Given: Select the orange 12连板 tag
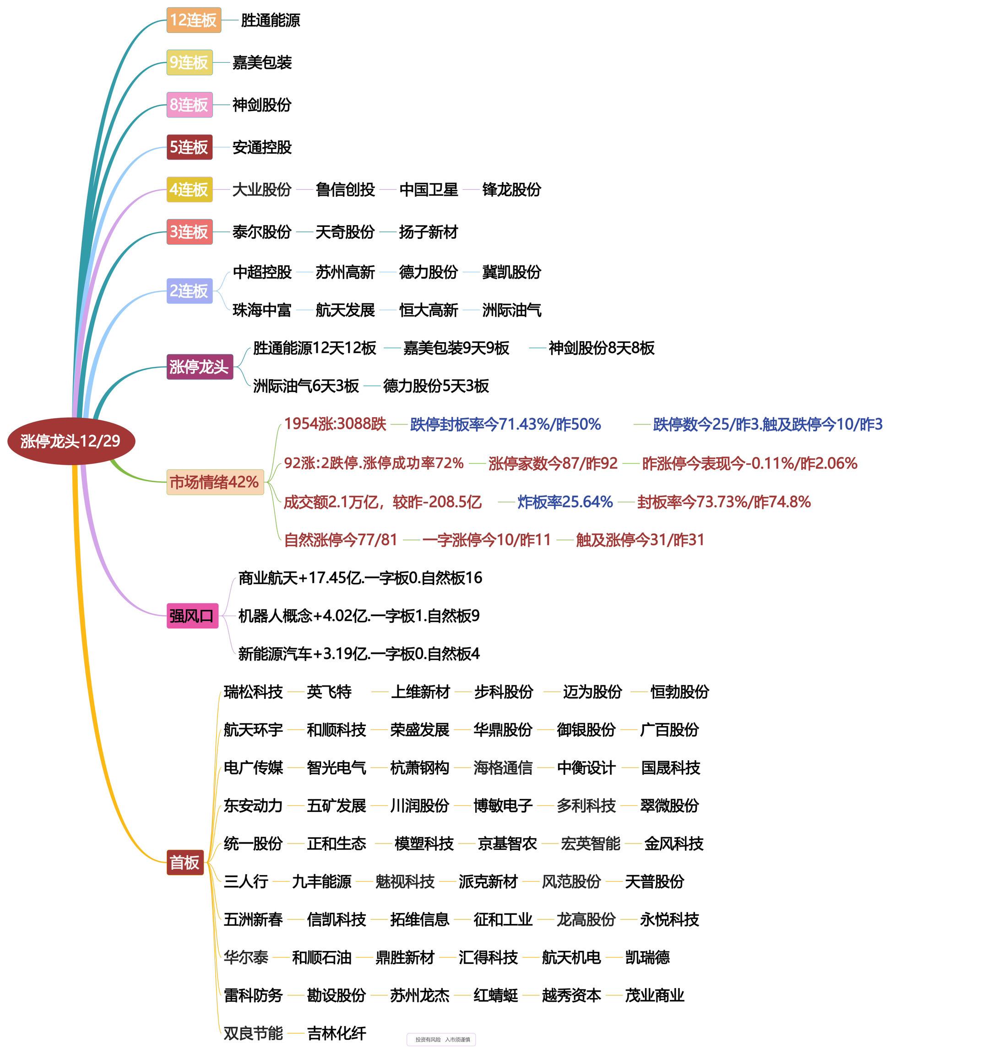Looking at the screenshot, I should [x=194, y=20].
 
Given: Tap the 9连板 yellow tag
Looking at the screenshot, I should [x=189, y=63].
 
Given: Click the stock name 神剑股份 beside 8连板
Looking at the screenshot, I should [x=262, y=105].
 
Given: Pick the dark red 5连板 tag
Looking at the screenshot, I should [x=189, y=147].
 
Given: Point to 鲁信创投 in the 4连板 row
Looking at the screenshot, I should [x=345, y=190].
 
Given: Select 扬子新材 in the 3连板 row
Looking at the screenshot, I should [x=428, y=232].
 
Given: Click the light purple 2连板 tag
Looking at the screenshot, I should [x=189, y=291].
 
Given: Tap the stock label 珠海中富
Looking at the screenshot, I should [x=262, y=310].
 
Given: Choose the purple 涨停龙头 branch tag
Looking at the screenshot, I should [x=199, y=366].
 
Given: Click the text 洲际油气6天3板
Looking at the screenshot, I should [x=306, y=386].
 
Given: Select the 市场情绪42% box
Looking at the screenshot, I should [x=215, y=482].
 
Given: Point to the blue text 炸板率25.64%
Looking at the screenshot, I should [x=565, y=502].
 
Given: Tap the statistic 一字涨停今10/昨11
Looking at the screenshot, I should [x=486, y=540].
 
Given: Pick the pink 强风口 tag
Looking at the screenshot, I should [x=192, y=616].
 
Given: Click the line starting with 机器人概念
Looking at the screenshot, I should [x=359, y=616].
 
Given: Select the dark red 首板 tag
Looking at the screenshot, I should [x=185, y=863].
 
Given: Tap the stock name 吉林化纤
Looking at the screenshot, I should [x=337, y=1033].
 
